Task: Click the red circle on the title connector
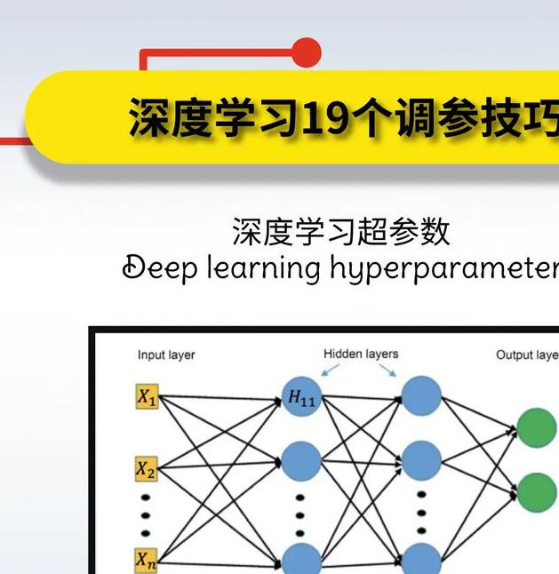pos(306,52)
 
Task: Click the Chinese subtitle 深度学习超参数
pos(341,231)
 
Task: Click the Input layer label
pos(166,355)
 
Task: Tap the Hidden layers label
pos(361,354)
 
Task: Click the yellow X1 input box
pos(147,399)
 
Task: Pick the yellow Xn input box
pos(147,560)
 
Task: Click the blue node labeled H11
pos(301,398)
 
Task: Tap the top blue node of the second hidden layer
pos(421,396)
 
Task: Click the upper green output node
pos(537,427)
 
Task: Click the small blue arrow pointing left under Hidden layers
pos(330,370)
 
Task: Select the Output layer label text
pos(526,355)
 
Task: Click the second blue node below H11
pos(301,461)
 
